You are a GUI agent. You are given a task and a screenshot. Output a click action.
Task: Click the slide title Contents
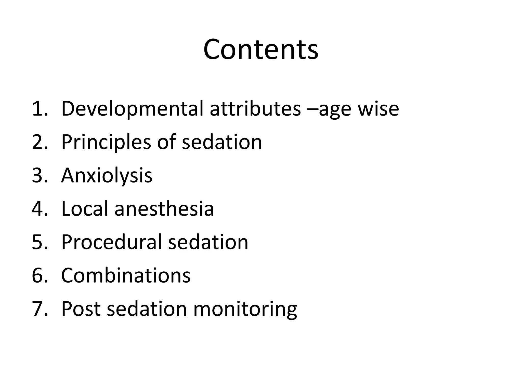coord(261,49)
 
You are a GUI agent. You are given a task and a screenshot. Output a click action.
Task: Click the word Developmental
coord(132,109)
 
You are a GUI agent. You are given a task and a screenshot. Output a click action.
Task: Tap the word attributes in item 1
coord(255,109)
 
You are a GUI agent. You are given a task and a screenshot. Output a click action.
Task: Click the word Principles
coord(106,142)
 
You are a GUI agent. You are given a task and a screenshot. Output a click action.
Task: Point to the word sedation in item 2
coord(222,142)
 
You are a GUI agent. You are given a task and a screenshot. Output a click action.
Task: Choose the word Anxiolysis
coord(107,176)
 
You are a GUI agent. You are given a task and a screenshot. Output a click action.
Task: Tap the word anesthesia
coord(164,209)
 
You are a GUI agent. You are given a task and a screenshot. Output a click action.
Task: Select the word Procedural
coord(112,242)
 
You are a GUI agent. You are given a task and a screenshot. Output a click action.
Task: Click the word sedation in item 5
coord(208,242)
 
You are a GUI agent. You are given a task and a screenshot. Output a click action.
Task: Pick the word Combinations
coord(126,275)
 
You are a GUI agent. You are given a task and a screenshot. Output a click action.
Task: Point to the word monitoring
coord(245,309)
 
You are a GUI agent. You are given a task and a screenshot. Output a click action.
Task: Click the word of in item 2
coord(166,142)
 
